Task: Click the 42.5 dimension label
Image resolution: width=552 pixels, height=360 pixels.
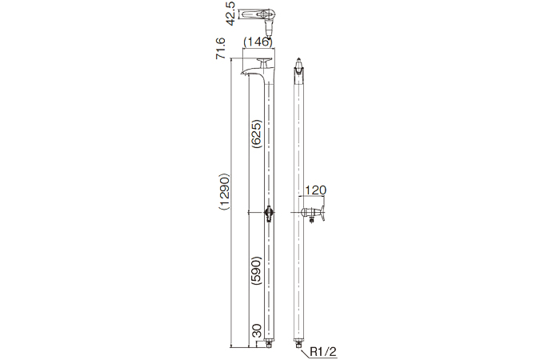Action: pyautogui.click(x=230, y=15)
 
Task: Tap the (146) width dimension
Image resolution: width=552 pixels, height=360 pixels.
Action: pyautogui.click(x=258, y=42)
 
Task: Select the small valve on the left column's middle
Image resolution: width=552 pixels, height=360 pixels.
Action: pyautogui.click(x=268, y=213)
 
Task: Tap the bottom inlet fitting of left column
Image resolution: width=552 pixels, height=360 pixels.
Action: pyautogui.click(x=269, y=344)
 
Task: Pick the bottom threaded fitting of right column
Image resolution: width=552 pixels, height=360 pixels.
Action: pyautogui.click(x=300, y=344)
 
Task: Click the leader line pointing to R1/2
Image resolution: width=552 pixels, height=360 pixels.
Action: pyautogui.click(x=307, y=349)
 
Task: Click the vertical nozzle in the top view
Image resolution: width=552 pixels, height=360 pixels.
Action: pyautogui.click(x=269, y=27)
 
